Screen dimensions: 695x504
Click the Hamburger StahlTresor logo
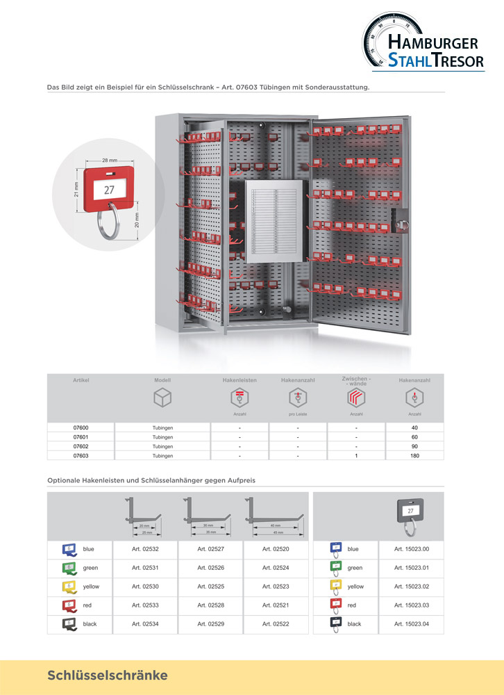click(x=423, y=43)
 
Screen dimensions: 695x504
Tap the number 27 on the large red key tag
click(x=109, y=189)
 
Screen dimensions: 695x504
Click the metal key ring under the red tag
click(x=110, y=222)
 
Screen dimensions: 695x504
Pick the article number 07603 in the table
click(x=81, y=456)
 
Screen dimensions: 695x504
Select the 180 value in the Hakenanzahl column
click(x=415, y=456)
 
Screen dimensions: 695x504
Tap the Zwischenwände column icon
click(x=356, y=398)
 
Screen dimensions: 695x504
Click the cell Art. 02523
click(x=276, y=587)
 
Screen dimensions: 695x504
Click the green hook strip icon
click(x=69, y=568)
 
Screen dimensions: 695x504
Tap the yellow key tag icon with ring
click(x=335, y=588)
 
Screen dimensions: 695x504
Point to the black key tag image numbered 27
click(x=411, y=512)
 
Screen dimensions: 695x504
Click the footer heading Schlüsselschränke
click(x=108, y=676)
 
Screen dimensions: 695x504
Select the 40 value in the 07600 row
click(x=415, y=427)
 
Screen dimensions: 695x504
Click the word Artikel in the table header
click(x=81, y=381)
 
